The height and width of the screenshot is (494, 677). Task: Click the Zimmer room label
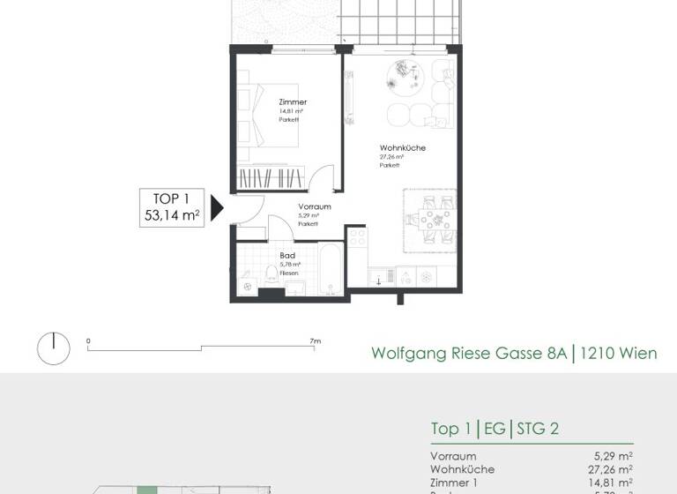(292, 102)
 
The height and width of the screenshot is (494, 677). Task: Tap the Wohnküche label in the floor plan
(402, 148)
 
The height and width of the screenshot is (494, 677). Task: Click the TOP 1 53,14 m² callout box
(173, 207)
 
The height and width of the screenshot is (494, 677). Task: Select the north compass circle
(53, 348)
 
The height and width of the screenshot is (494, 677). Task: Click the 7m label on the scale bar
(315, 341)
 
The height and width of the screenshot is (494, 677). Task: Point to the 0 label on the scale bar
(88, 341)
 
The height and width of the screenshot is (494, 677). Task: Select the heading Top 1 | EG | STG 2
(495, 430)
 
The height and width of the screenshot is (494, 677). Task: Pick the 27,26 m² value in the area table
(612, 469)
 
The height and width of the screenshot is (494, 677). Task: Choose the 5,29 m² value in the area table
(614, 456)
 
